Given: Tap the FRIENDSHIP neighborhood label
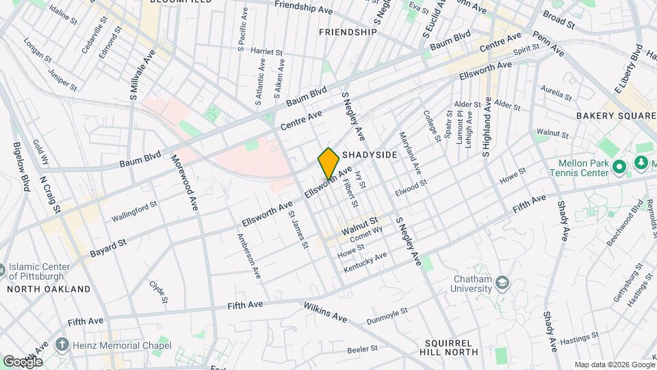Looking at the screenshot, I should [348, 32].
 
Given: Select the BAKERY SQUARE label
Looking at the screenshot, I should [615, 116].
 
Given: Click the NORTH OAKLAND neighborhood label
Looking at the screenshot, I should [49, 289].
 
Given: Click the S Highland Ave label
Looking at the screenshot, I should [487, 127].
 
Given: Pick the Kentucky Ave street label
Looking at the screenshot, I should [365, 262].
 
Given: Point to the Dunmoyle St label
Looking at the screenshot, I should [387, 314].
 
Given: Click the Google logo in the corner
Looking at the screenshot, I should [23, 361].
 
